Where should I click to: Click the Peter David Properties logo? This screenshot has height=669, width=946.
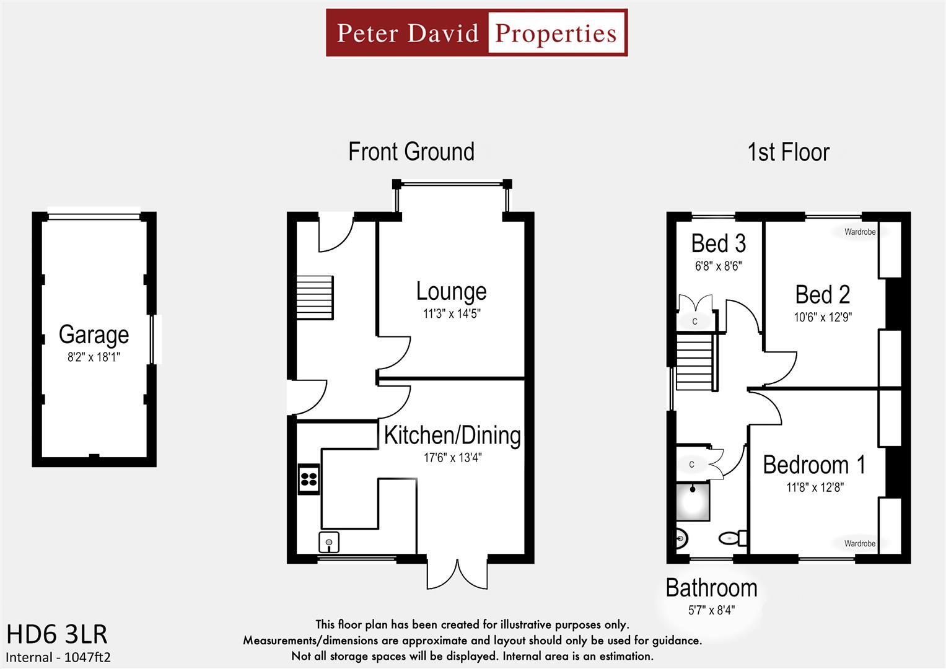coord(476,33)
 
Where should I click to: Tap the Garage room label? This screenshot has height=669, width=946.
coord(94,334)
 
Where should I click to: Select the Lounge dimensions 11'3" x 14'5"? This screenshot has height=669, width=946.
coord(452,314)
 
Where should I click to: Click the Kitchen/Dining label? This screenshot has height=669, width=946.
coord(452,435)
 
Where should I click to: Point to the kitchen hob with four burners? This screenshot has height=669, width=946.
coord(309,478)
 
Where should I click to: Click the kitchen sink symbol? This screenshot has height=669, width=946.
coord(329,542)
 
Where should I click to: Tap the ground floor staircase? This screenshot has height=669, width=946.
coord(315,297)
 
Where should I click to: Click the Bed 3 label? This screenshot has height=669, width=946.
coord(718,244)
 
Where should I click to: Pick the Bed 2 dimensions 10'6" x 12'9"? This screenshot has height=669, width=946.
coord(823,317)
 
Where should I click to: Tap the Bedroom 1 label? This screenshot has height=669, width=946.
coord(814,465)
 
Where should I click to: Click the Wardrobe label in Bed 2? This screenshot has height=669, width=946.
coord(860,232)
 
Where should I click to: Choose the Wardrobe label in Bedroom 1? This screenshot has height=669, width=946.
coord(860,544)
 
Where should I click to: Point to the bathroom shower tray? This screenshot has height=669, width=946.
coord(693,501)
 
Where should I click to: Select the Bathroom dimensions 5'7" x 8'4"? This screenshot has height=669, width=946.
coord(711,610)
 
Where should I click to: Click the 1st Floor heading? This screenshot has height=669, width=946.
coord(788,152)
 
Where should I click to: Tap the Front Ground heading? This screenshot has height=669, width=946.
coord(411,152)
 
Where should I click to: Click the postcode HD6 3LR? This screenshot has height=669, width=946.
coord(57,634)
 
